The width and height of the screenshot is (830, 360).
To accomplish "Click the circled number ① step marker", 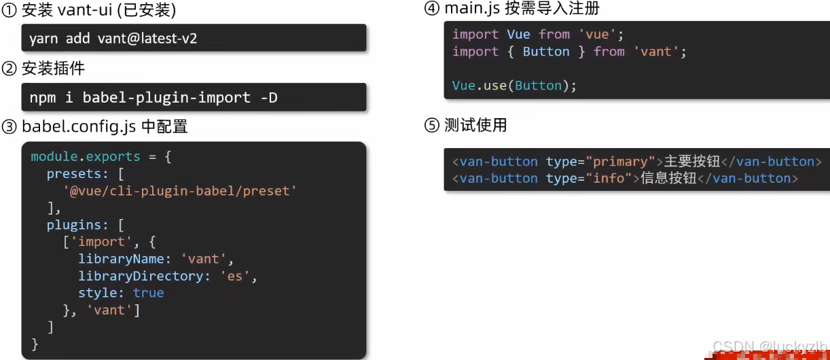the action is [10, 10].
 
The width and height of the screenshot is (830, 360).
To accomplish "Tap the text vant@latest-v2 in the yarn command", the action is [147, 39].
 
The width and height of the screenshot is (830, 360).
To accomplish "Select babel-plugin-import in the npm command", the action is [166, 98].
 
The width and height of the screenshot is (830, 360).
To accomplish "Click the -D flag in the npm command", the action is [269, 98].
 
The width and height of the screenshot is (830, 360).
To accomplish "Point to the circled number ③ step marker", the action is [10, 126].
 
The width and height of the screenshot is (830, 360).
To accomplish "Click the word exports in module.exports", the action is [113, 157].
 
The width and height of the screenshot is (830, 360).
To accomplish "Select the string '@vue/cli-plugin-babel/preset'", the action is [179, 191].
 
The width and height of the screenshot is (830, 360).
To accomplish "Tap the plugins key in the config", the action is [74, 226].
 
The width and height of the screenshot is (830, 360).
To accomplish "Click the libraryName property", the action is [121, 259].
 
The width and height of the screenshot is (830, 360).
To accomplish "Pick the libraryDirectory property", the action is [140, 276].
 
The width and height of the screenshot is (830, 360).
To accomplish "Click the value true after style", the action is [148, 293].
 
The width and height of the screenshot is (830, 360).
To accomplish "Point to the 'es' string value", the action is [234, 276].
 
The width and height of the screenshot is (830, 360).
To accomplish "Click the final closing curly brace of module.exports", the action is [35, 344].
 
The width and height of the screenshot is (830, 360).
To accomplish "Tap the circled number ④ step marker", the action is [432, 8].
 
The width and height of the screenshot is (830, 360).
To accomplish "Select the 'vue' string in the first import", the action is [597, 35].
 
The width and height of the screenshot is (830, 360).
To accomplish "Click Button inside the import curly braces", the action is [546, 52].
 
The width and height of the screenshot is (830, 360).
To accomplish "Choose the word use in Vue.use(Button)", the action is [495, 86].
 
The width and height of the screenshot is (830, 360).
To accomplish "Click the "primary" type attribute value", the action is [621, 162].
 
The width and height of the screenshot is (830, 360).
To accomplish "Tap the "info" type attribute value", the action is [609, 179].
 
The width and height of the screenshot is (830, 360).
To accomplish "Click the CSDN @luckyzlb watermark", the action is [770, 346].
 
